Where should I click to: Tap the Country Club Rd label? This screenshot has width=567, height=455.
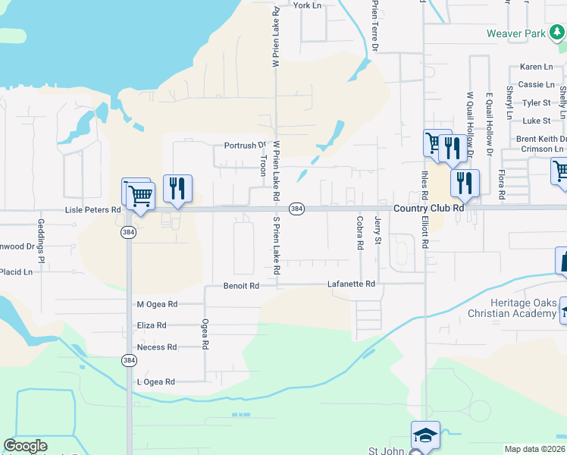pos(428,208)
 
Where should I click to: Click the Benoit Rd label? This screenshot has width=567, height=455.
pos(241,286)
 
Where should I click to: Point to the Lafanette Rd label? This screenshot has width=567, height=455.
pos(351,284)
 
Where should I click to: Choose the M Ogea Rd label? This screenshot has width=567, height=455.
pos(157,304)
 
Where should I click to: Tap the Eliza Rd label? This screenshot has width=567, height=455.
pos(151,325)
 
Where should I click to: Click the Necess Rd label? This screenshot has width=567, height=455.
pos(156,347)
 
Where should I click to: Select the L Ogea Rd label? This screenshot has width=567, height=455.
pos(155,382)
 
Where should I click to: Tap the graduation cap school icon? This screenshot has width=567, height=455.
pos(425,435)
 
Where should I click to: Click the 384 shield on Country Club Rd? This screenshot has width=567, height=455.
pos(298,209)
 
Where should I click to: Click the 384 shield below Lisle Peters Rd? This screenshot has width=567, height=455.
pos(128,233)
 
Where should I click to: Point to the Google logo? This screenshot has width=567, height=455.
pos(26,445)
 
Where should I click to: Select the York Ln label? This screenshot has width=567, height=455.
pos(307,5)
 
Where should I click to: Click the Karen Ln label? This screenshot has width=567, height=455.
pos(535,67)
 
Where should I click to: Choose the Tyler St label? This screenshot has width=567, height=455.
pos(536,102)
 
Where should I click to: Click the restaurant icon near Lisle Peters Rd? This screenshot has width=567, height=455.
pos(177,188)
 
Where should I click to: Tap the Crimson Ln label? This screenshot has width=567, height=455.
pos(540,149)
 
